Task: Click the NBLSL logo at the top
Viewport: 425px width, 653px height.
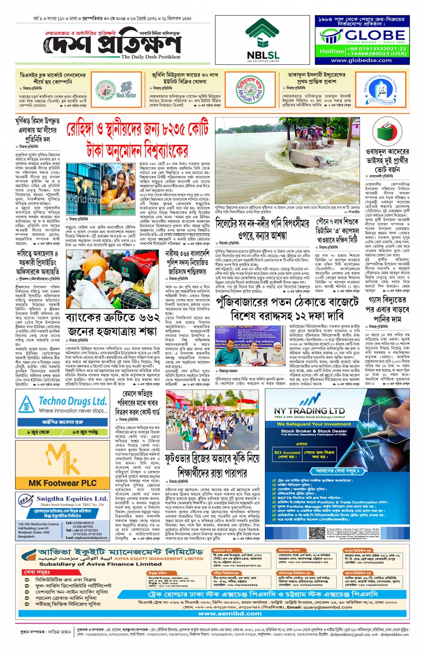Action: coord(263,40)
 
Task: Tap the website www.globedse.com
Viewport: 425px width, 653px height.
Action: coord(361,60)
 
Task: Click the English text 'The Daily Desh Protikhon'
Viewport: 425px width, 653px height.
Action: coord(151,57)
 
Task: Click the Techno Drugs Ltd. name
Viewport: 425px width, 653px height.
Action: coord(72,401)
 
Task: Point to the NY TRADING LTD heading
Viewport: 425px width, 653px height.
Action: coord(309,411)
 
